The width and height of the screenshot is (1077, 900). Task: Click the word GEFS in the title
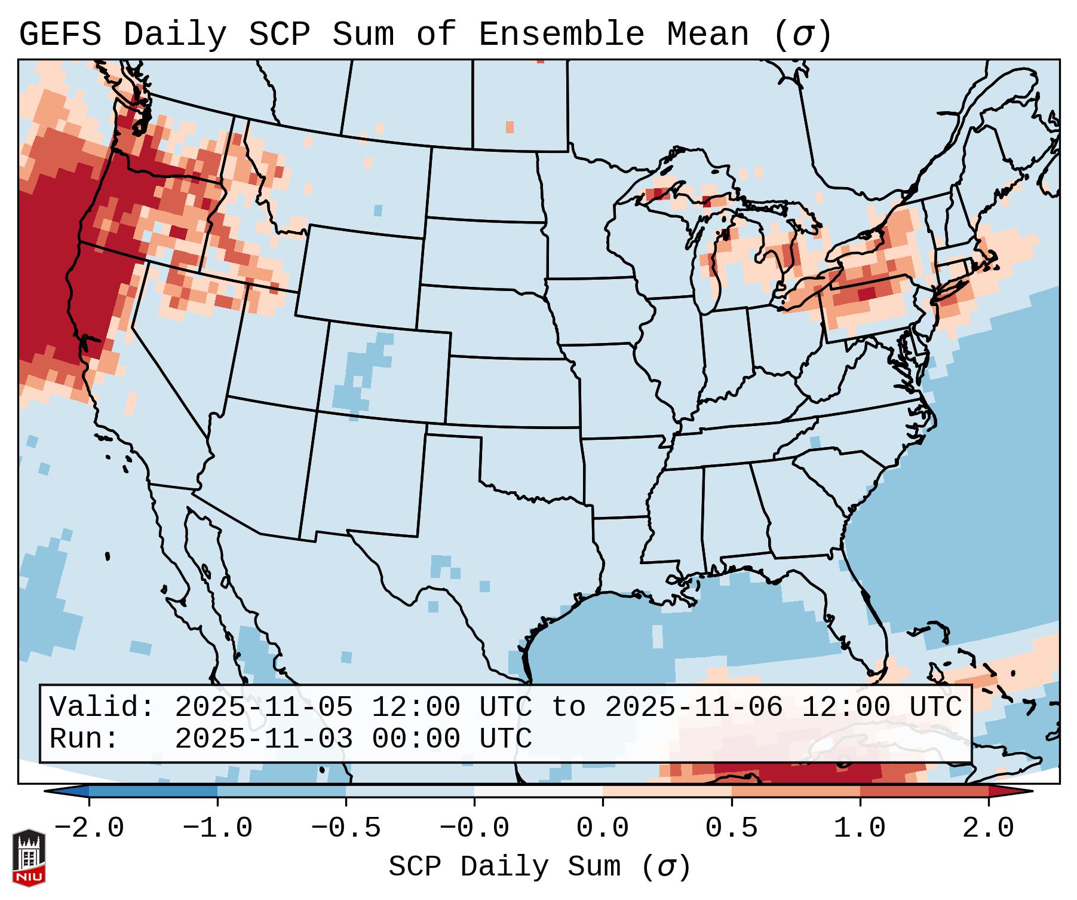pos(60,35)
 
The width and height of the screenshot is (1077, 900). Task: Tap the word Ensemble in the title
pos(561,35)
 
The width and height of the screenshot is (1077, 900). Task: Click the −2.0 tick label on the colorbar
pos(89,828)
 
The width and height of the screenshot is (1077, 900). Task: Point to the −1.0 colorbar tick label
pos(217,828)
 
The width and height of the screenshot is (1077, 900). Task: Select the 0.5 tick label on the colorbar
pos(731,828)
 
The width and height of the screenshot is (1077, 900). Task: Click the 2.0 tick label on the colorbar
pos(988,828)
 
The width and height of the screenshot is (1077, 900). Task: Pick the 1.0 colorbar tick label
pos(860,828)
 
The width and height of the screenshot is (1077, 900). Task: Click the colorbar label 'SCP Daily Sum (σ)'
pos(539,867)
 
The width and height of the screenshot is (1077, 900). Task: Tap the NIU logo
pos(29,858)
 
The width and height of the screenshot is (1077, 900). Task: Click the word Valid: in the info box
pos(102,708)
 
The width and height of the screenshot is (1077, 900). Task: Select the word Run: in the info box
pos(84,739)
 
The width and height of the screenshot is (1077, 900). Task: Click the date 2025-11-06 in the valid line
pos(694,708)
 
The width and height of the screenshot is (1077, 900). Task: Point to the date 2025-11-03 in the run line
pos(263,739)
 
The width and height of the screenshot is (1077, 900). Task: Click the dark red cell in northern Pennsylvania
pos(866,293)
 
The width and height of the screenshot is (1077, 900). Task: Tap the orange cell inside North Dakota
pos(510,127)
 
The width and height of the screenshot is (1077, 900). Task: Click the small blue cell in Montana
pos(378,210)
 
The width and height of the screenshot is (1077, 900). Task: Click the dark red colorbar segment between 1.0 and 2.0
pos(924,791)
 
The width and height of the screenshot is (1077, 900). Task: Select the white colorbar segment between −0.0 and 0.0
pos(538,791)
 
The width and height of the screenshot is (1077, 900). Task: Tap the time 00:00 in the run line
pos(416,739)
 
